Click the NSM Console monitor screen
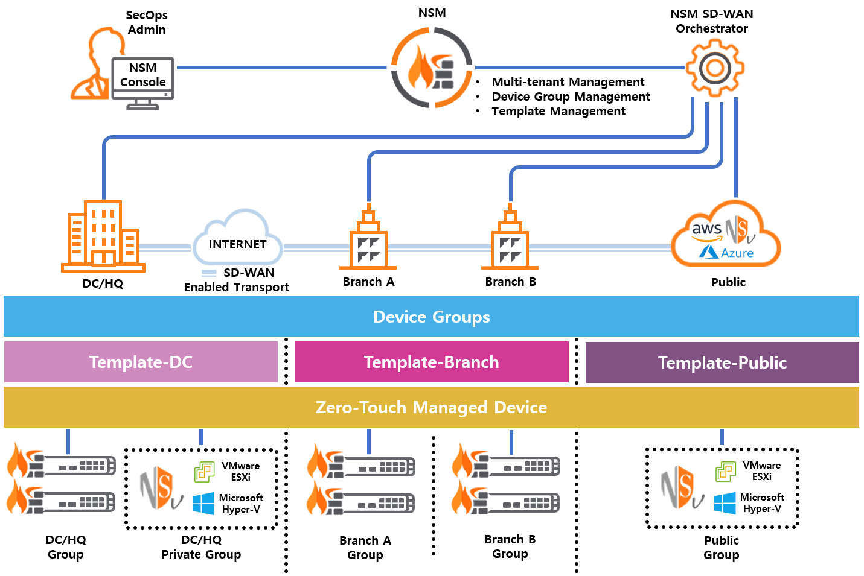point(143,75)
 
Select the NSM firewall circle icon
point(431,68)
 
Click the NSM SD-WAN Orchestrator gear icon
point(715,68)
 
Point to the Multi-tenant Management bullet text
point(568,82)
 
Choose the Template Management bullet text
point(558,111)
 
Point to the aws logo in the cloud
point(706,230)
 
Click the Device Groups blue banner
point(431,317)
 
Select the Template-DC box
point(141,362)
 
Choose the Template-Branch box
point(431,362)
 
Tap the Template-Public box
point(722,362)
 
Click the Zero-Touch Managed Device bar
point(431,407)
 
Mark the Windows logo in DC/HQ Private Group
point(203,503)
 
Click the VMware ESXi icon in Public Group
point(726,471)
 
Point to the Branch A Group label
point(365,548)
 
